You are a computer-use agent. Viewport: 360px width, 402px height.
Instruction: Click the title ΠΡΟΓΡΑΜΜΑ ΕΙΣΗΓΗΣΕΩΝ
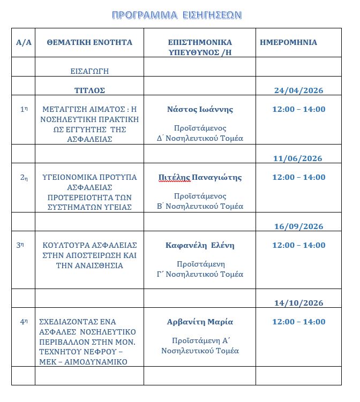[x=177, y=15]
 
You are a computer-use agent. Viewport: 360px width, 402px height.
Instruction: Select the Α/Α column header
[x=24, y=42]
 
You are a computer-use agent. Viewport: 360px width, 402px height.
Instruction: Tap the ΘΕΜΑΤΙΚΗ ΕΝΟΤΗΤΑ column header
[x=89, y=42]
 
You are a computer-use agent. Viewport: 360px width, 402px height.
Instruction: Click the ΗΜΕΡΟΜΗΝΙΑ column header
[x=288, y=42]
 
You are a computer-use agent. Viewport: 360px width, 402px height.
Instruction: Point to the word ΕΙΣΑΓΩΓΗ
[x=90, y=71]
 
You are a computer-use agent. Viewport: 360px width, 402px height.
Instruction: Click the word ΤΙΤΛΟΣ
[x=89, y=90]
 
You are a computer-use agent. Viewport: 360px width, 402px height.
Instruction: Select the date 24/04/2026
[x=298, y=90]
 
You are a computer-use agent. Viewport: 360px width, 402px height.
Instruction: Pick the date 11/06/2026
[x=297, y=158]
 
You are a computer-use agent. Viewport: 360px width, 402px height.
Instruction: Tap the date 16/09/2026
[x=298, y=226]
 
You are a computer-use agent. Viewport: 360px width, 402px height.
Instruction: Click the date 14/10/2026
[x=298, y=302]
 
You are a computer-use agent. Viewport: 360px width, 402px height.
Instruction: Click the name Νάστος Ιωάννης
[x=200, y=109]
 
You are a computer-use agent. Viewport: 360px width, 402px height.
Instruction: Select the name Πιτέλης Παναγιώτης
[x=200, y=177]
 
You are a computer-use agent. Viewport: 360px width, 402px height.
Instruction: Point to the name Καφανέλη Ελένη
[x=200, y=245]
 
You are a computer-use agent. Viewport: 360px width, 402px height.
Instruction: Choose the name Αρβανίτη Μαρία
[x=200, y=322]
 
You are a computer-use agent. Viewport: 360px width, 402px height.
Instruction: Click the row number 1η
[x=24, y=109]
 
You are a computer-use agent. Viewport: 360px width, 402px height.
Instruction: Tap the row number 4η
[x=24, y=322]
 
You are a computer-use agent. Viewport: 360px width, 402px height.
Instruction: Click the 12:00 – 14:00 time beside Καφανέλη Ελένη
[x=298, y=245]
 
